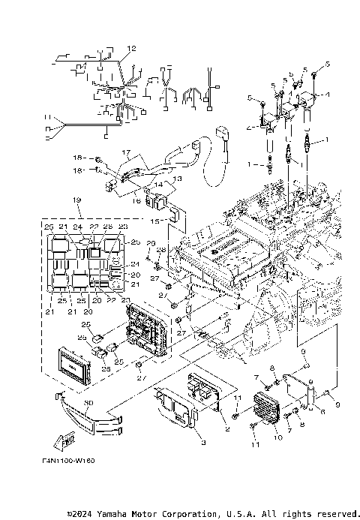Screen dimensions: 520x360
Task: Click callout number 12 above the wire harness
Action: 131,48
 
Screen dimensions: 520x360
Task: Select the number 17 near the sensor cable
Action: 127,152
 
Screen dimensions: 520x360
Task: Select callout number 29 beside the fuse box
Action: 150,244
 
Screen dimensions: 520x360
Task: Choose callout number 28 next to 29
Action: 161,249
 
